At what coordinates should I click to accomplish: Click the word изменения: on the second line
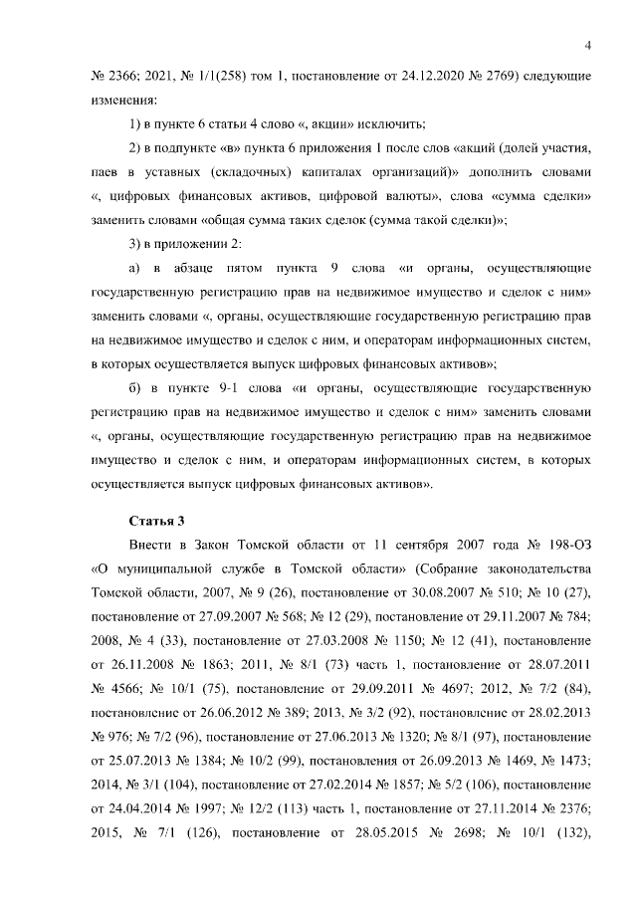pos(123,101)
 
